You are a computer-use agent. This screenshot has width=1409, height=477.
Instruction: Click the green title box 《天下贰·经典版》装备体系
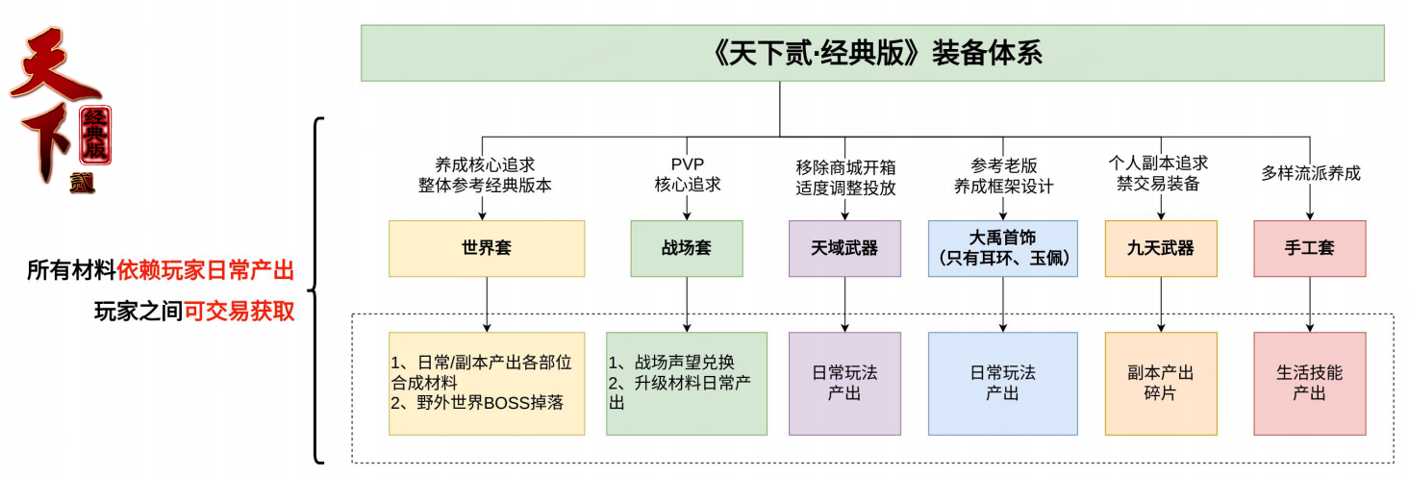click(871, 53)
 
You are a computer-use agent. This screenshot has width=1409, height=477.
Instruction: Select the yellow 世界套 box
click(487, 248)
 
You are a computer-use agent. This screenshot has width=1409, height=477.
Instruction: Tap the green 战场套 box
click(686, 248)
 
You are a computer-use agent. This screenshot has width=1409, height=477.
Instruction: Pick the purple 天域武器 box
click(844, 248)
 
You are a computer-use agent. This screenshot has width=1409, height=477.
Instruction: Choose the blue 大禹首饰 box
click(1002, 248)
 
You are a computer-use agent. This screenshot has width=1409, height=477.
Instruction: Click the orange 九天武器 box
click(1161, 248)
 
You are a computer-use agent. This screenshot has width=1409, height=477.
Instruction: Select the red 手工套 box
click(1310, 248)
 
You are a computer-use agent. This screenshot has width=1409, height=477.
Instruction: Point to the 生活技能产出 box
click(1310, 383)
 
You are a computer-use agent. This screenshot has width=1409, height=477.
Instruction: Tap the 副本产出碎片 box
click(1161, 383)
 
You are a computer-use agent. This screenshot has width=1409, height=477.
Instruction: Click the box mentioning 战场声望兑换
click(686, 383)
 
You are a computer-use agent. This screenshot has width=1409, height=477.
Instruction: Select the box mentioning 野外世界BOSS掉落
click(487, 383)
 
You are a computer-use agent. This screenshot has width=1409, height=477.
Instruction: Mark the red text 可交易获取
click(239, 312)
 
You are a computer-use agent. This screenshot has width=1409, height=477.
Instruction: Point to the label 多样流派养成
click(1310, 174)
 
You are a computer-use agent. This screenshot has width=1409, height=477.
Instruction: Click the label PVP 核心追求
click(687, 174)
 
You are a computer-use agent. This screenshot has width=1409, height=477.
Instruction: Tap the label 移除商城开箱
click(845, 165)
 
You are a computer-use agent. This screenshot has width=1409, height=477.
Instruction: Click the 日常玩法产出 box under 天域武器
click(844, 383)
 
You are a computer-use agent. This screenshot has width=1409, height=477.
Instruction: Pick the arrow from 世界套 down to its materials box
click(487, 304)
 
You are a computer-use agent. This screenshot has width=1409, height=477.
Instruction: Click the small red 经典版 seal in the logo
click(95, 136)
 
